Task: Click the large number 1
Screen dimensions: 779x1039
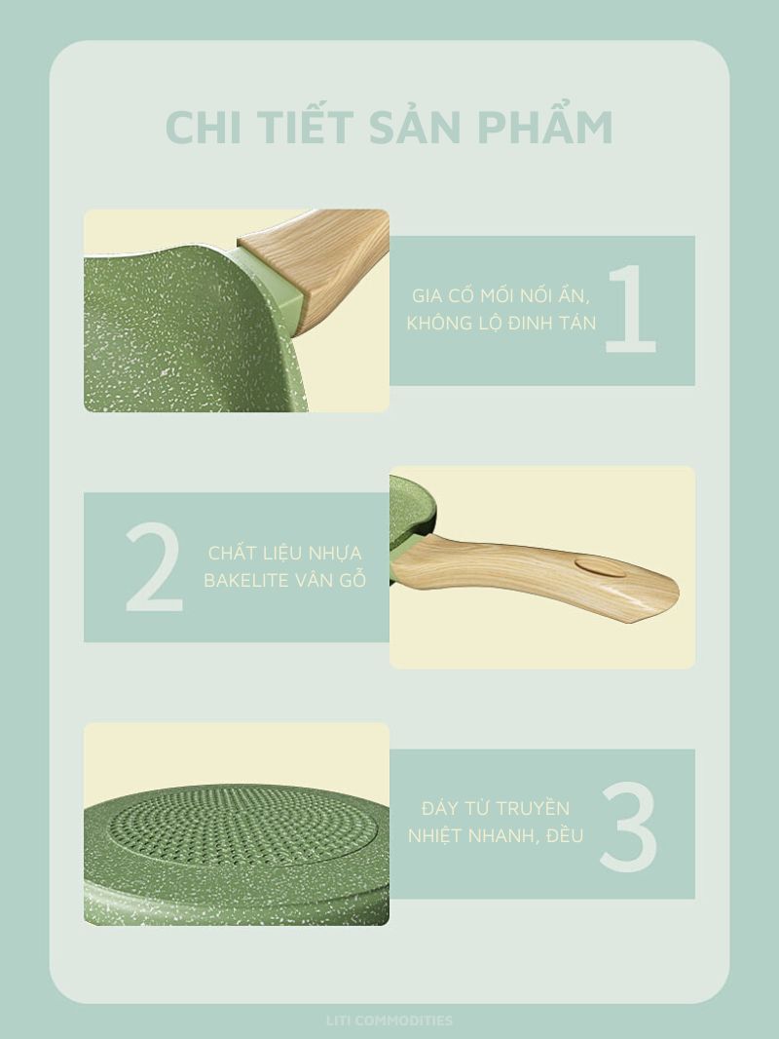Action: pos(631,308)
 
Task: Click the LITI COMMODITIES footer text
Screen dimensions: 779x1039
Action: pos(389,1020)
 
